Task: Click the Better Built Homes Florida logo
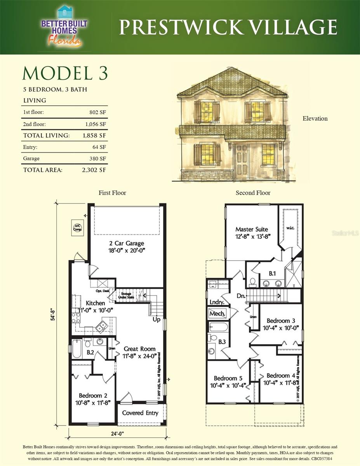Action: [x=64, y=26]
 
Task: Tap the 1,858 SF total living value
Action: [x=94, y=136]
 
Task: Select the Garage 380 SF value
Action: [x=97, y=158]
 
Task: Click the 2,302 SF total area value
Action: [x=94, y=170]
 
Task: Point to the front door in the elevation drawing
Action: [x=242, y=160]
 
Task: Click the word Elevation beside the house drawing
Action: [x=315, y=118]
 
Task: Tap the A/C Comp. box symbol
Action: [x=77, y=227]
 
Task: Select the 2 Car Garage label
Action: [x=127, y=243]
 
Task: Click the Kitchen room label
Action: [x=95, y=303]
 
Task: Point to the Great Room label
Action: [x=139, y=349]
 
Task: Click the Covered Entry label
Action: [x=140, y=413]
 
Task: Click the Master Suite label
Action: [x=252, y=229]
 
